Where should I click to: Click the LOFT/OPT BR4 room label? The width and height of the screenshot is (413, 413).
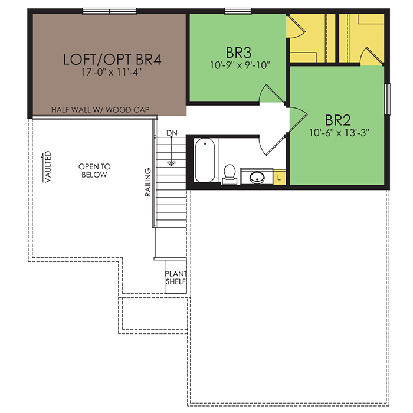point(112,59)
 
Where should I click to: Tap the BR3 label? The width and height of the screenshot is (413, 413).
point(238,53)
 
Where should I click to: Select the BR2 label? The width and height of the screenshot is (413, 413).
point(338,120)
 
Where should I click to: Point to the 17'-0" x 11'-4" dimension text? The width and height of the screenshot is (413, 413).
point(112,72)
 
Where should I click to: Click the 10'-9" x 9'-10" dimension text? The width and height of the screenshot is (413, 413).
point(240,65)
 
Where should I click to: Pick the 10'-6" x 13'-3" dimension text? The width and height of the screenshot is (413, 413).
point(339,133)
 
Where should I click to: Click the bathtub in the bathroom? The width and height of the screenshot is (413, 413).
point(205,160)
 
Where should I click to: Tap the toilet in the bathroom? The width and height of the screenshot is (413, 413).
point(230,174)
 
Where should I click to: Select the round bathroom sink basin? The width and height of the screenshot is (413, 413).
point(257,178)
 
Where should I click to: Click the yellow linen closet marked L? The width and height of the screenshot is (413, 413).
point(280,177)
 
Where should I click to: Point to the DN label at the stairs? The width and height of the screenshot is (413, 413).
point(172,133)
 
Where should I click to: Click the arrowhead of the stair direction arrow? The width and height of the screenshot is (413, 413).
point(171,163)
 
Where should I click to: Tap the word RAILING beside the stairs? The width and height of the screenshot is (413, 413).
point(148,182)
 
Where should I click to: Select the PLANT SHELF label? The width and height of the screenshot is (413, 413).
point(176,278)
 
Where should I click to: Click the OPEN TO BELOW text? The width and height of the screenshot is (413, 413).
point(94,171)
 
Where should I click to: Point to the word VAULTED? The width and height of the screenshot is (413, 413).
point(48,167)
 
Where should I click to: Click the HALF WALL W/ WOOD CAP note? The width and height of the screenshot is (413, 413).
point(100,110)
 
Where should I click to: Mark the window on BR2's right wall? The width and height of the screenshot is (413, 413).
point(387,99)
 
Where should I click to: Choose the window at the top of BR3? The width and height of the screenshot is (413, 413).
point(238,11)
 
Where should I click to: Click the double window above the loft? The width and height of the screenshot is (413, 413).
point(109,11)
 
